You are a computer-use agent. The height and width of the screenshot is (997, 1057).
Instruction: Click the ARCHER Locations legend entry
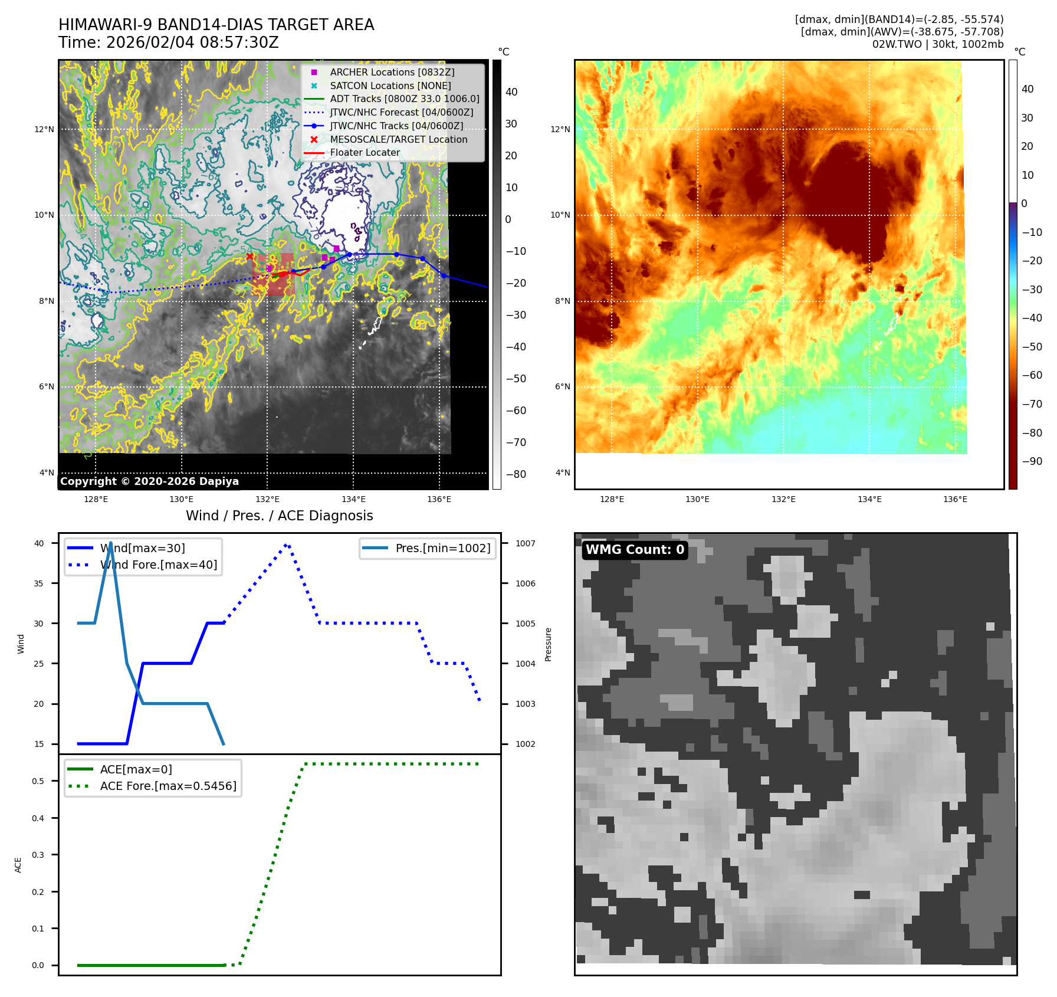pyautogui.click(x=392, y=72)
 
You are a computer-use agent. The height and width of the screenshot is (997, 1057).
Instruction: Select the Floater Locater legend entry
pyautogui.click(x=365, y=152)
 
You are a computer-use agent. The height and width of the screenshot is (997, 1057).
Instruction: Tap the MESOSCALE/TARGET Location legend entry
pyautogui.click(x=398, y=139)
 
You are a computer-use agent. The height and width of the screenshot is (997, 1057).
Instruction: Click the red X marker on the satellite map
pyautogui.click(x=250, y=256)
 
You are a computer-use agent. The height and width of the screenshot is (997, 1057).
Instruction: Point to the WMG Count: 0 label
pyautogui.click(x=635, y=550)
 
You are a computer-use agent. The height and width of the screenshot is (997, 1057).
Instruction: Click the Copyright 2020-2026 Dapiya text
pyautogui.click(x=149, y=481)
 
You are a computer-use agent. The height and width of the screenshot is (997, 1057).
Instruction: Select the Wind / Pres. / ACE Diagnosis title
pyautogui.click(x=280, y=516)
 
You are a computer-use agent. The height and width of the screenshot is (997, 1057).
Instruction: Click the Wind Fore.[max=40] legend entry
pyautogui.click(x=158, y=565)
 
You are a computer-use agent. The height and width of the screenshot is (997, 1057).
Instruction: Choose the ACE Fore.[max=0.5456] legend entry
pyautogui.click(x=168, y=786)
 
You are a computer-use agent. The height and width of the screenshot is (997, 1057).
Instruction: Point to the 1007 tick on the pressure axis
pyautogui.click(x=525, y=543)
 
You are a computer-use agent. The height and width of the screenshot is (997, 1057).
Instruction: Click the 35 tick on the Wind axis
pyautogui.click(x=39, y=583)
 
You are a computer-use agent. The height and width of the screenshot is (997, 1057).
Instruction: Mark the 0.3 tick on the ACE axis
pyautogui.click(x=38, y=855)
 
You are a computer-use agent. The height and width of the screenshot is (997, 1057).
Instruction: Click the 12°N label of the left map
pyautogui.click(x=44, y=129)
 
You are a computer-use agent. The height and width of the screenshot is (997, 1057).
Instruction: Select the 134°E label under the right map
pyautogui.click(x=869, y=499)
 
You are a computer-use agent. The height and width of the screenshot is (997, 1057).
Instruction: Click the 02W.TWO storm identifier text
pyautogui.click(x=891, y=44)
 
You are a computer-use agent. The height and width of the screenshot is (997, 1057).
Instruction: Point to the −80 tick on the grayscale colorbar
pyautogui.click(x=516, y=474)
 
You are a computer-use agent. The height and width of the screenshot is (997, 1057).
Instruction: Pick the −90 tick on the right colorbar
pyautogui.click(x=1032, y=461)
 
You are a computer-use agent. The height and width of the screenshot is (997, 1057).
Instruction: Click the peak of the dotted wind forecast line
pyautogui.click(x=286, y=545)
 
